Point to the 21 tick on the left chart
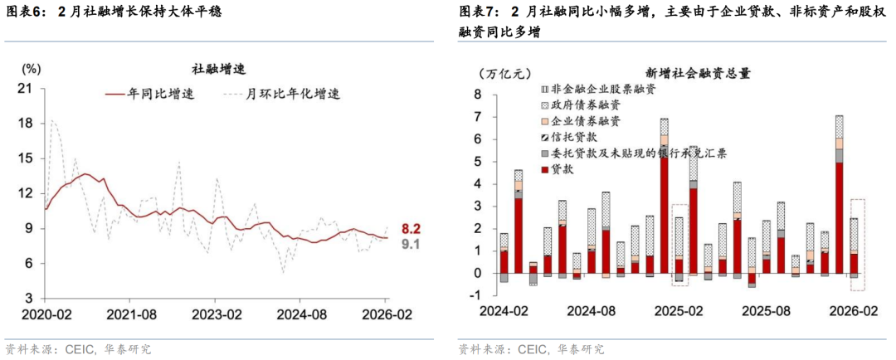[x=25, y=87]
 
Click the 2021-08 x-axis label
[x=128, y=314]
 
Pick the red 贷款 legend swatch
[x=543, y=169]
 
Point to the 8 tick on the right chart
[x=478, y=94]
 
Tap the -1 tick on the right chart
[x=475, y=295]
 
